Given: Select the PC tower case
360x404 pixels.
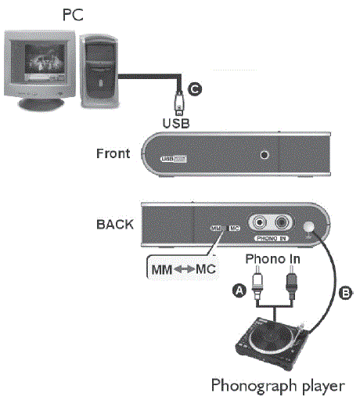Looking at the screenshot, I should tap(101, 67).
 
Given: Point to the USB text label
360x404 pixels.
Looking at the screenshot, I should tap(177, 123).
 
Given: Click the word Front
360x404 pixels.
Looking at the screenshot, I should tap(112, 153).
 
